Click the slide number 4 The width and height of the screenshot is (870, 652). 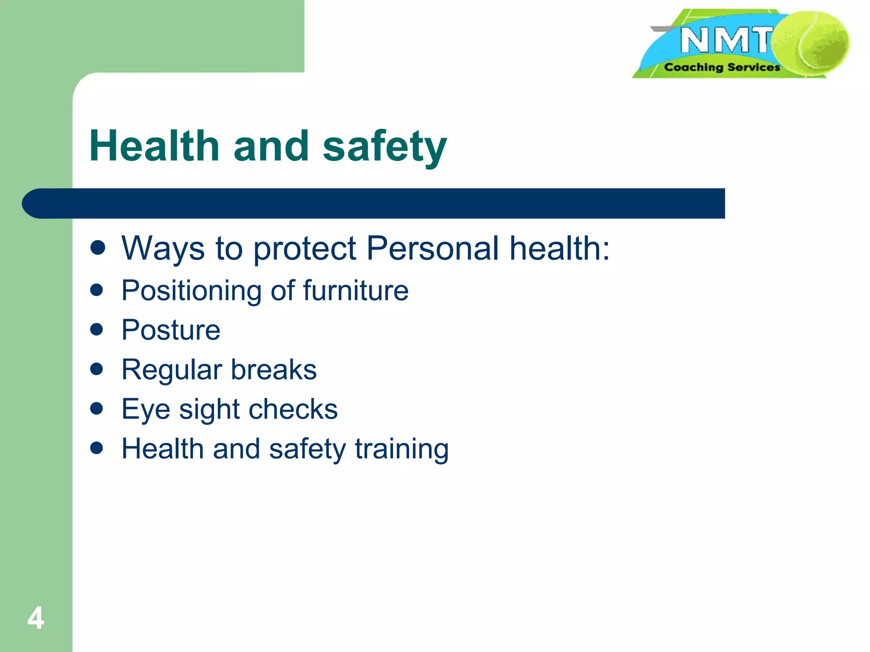point(36,618)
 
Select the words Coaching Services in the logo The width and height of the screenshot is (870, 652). point(722,67)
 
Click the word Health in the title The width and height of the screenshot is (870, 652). point(154,146)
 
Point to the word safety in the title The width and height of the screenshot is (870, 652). point(384,147)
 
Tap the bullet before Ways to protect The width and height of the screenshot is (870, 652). point(98,247)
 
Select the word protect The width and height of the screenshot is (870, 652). point(305,249)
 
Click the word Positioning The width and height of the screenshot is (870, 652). point(191,291)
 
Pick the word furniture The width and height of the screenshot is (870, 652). point(356,291)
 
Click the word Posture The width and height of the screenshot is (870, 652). point(171,330)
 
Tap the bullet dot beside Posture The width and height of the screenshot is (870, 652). point(97,329)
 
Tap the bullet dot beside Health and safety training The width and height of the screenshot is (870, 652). point(97,448)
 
